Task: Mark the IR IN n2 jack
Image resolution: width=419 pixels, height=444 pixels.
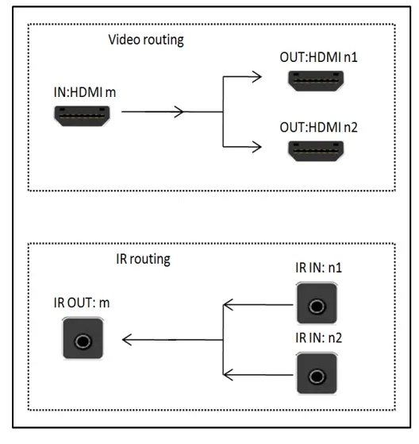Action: click(317, 373)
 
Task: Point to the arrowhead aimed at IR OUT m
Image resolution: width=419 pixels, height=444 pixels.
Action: click(127, 340)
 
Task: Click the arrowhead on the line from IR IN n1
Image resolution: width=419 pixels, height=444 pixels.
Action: click(227, 303)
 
